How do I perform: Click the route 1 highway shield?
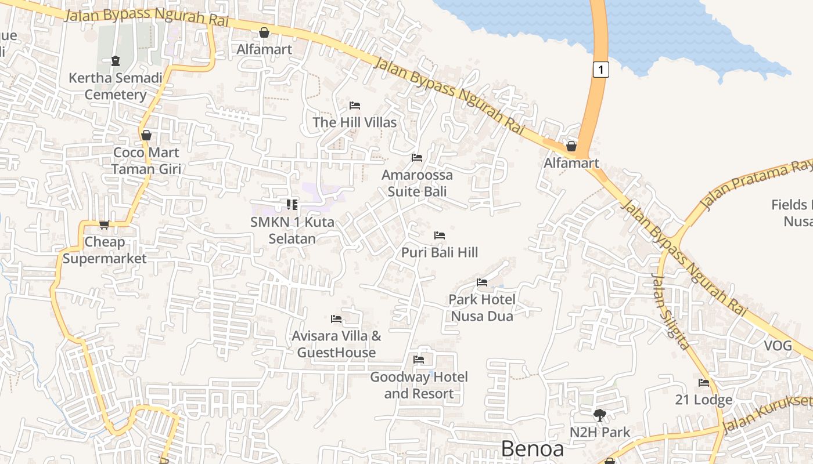click(x=601, y=70)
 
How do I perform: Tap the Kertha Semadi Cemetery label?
click(x=116, y=86)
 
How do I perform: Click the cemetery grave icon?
click(x=116, y=60)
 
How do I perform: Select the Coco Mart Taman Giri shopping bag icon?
click(x=146, y=135)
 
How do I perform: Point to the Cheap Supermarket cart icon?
click(x=104, y=224)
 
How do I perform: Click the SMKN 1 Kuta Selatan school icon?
click(x=292, y=204)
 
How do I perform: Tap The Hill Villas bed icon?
click(x=355, y=106)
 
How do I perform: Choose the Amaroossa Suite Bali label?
click(x=417, y=183)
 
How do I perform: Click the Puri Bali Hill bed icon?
click(x=440, y=235)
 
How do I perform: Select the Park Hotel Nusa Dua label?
click(x=482, y=307)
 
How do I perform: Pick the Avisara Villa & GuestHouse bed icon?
click(x=336, y=318)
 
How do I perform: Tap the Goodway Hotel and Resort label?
click(x=419, y=385)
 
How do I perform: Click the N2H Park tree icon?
click(x=600, y=415)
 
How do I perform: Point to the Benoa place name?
click(x=532, y=449)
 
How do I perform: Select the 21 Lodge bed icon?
click(x=704, y=383)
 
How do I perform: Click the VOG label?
click(x=778, y=346)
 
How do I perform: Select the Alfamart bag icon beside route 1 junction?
click(x=571, y=146)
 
